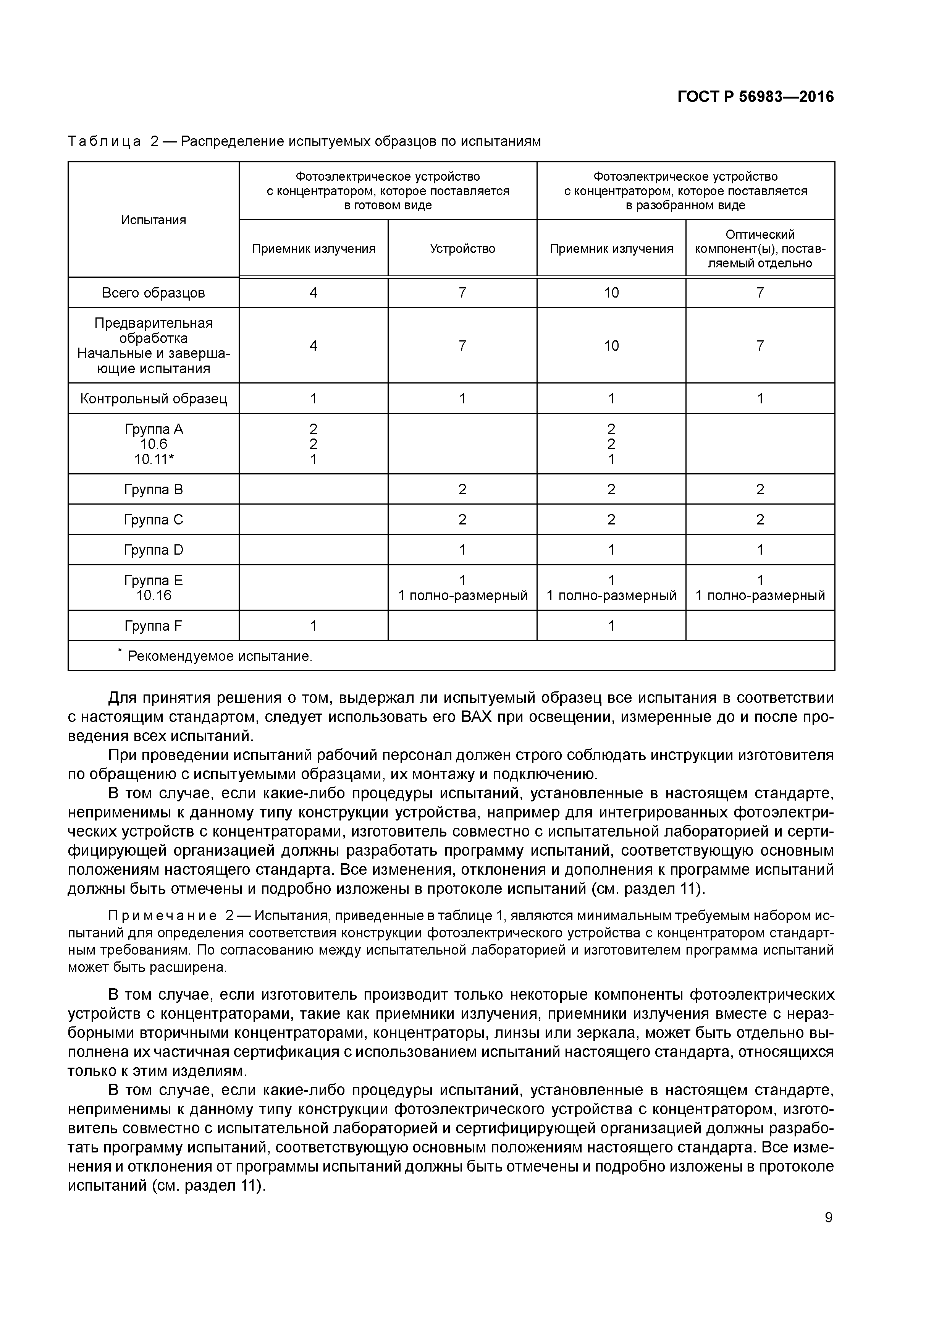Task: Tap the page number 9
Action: point(829,1217)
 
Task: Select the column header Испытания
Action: point(154,220)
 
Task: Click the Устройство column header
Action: point(462,249)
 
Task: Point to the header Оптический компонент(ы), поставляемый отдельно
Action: point(760,249)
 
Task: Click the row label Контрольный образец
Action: point(154,399)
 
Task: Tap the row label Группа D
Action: point(154,550)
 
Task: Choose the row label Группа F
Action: point(154,626)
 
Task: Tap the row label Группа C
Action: point(154,520)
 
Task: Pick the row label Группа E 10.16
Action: point(154,588)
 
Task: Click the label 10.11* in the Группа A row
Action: point(154,459)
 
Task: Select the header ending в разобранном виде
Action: point(685,206)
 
